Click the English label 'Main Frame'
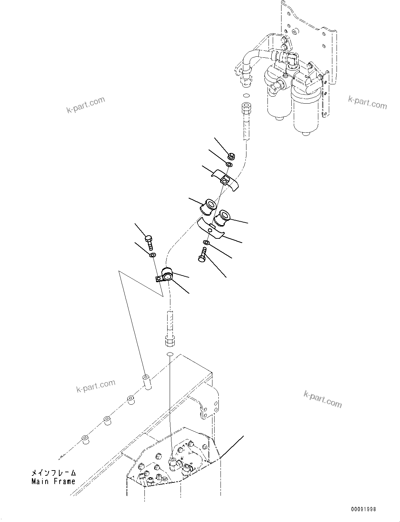pyautogui.click(x=53, y=482)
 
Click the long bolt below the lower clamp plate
pyautogui.click(x=203, y=255)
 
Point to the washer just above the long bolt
pyautogui.click(x=206, y=243)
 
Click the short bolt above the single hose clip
pyautogui.click(x=149, y=242)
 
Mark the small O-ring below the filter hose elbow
pyautogui.click(x=246, y=95)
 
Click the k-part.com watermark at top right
pyautogui.click(x=367, y=102)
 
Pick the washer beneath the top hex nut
pyautogui.click(x=229, y=165)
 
